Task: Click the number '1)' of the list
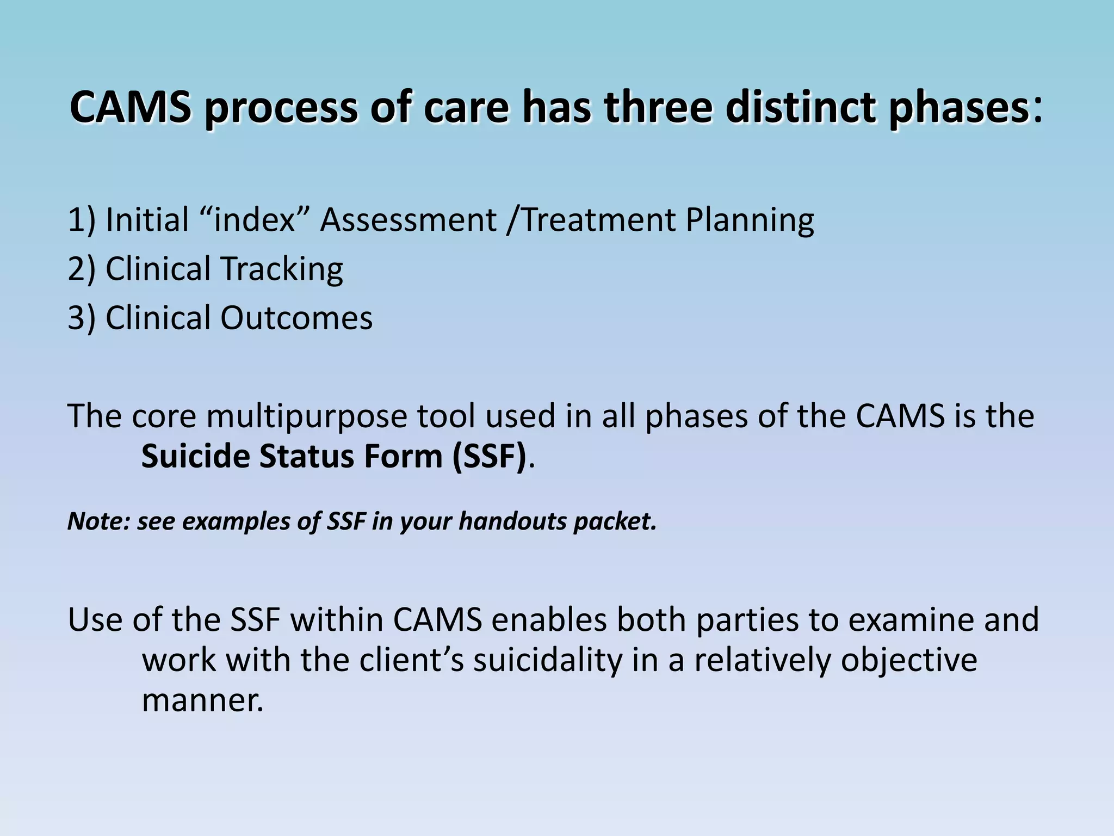coord(82,220)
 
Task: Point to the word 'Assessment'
coord(408,220)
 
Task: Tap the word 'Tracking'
coord(281,269)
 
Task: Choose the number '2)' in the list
coord(82,269)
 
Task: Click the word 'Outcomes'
coord(296,318)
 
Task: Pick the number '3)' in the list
coord(82,318)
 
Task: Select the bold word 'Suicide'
coord(195,456)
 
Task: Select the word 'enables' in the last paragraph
coord(549,620)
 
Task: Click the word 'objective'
coord(909,660)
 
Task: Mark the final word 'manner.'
coord(202,700)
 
